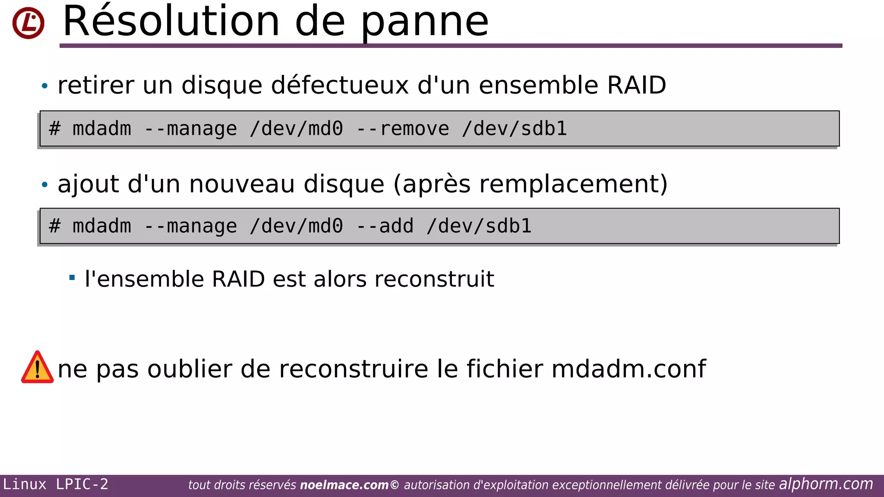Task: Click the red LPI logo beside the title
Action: point(28,23)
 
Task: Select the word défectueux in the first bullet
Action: point(340,85)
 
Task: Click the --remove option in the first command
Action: point(403,129)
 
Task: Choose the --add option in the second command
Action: point(385,226)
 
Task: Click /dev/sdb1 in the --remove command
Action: point(514,129)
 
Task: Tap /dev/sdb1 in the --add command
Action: point(479,226)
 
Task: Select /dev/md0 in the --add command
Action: point(296,226)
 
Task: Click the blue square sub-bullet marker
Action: point(72,277)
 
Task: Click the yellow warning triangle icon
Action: point(38,368)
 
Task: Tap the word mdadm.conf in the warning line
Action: point(628,369)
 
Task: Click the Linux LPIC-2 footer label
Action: point(56,484)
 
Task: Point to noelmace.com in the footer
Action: point(344,485)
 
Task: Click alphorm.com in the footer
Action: point(826,484)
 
